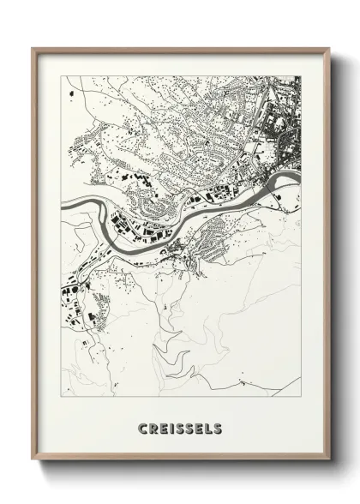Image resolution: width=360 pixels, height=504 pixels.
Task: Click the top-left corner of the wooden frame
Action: click(33, 48)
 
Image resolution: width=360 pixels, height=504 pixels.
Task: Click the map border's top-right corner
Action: click(301, 76)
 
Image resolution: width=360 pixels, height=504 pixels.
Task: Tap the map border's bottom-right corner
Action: click(301, 397)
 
